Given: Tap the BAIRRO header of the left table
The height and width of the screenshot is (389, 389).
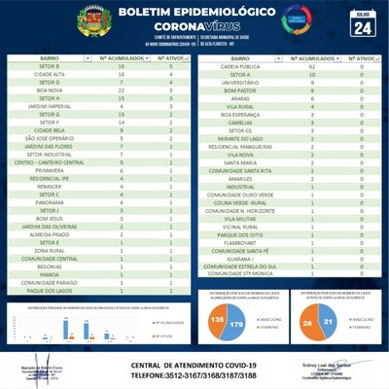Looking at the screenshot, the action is pyautogui.click(x=49, y=58).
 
